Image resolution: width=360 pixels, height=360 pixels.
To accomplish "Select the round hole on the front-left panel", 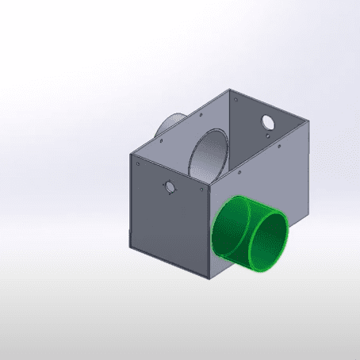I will [x=168, y=186].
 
